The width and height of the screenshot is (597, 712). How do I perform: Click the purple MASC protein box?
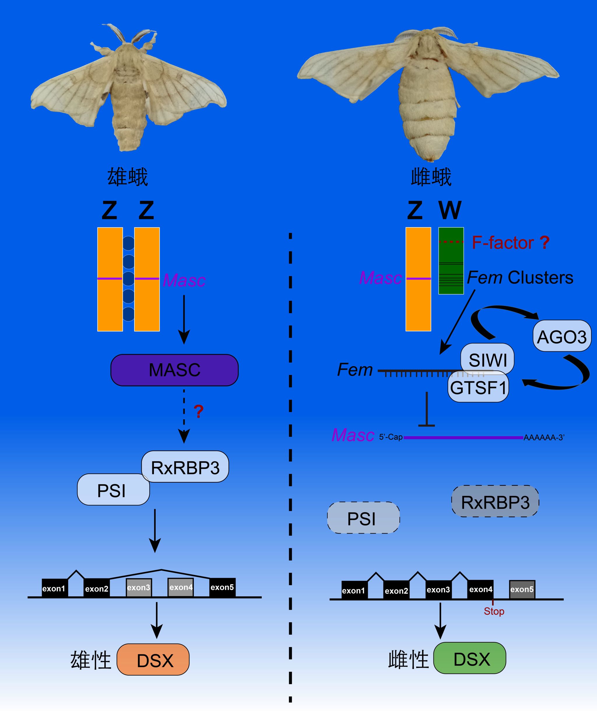[x=174, y=370]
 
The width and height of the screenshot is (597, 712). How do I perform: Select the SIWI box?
[x=487, y=359]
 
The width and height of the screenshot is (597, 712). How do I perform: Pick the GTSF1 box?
[x=478, y=387]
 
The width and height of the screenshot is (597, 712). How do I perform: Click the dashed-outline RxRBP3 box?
[x=495, y=502]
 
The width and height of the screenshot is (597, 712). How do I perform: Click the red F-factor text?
[x=503, y=243]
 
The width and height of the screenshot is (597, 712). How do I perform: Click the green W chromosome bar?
[x=451, y=261]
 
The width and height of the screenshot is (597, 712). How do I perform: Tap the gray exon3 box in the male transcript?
[x=139, y=588]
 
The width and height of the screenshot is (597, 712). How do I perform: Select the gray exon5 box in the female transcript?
[x=522, y=589]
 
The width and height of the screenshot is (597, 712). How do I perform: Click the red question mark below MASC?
[x=198, y=411]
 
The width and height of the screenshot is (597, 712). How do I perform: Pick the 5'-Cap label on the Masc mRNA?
[x=391, y=437]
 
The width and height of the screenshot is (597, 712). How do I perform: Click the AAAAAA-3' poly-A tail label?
[x=544, y=438]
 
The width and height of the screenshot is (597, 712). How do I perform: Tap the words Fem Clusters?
[x=520, y=278]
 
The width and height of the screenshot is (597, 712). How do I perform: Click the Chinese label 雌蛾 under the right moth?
[x=431, y=177]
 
